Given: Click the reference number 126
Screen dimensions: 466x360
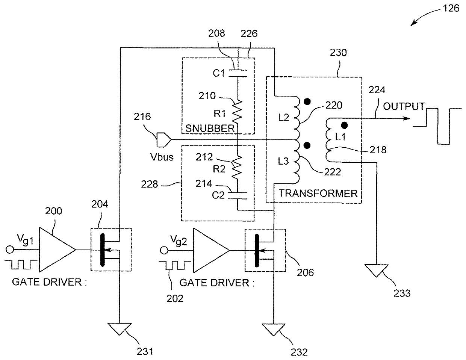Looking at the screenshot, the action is (451, 9).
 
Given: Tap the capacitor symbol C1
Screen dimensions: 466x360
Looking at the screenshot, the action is (238, 73).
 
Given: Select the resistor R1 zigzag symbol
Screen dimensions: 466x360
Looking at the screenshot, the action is (237, 112).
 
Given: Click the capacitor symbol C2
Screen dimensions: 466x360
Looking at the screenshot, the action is (238, 196).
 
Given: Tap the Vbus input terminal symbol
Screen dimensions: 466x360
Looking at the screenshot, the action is (164, 140).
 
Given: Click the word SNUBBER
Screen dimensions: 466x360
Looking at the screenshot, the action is (210, 129).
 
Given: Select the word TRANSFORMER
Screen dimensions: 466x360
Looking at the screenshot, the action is (318, 194).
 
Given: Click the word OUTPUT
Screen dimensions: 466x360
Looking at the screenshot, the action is (404, 106).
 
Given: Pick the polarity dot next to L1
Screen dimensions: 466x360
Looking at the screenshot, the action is (344, 125).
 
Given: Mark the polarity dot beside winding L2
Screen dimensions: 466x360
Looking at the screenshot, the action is (307, 101).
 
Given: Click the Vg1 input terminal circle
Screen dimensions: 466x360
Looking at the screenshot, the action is (10, 250).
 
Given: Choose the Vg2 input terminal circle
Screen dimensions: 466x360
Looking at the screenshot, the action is (164, 250).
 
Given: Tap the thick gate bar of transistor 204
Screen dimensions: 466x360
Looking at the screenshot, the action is (103, 250).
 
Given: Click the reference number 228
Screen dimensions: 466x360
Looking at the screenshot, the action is (149, 184).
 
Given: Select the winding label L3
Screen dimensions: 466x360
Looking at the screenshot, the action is (283, 161).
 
